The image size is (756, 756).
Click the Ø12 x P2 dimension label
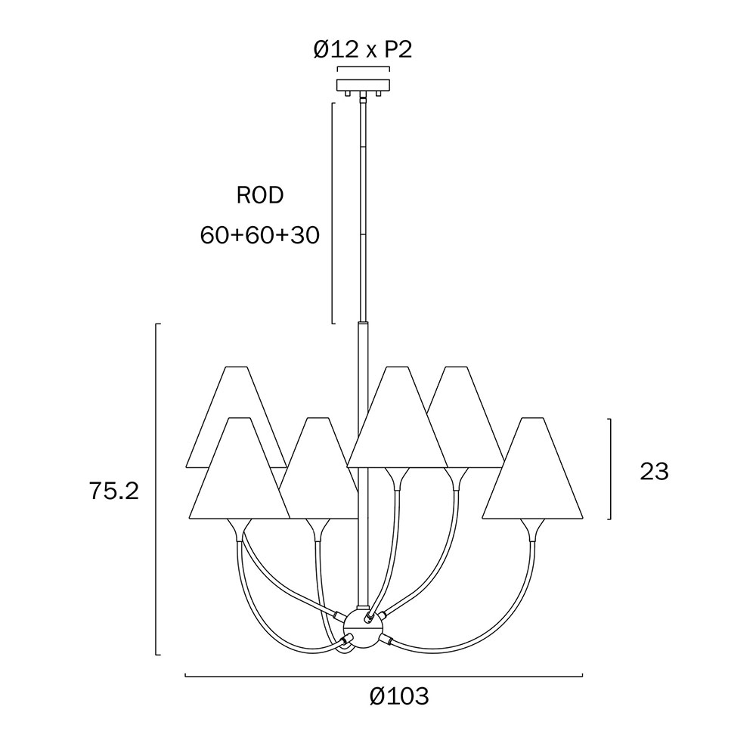click(x=363, y=49)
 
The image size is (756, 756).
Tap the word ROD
click(x=260, y=196)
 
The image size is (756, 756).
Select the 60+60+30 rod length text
click(x=260, y=236)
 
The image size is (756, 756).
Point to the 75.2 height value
click(x=114, y=491)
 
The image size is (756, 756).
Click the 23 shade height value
click(x=654, y=472)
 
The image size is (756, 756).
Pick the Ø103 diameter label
click(x=399, y=696)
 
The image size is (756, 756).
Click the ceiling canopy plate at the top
click(x=363, y=85)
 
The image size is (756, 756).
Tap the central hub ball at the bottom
click(x=363, y=627)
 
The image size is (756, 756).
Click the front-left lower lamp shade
click(x=239, y=469)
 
